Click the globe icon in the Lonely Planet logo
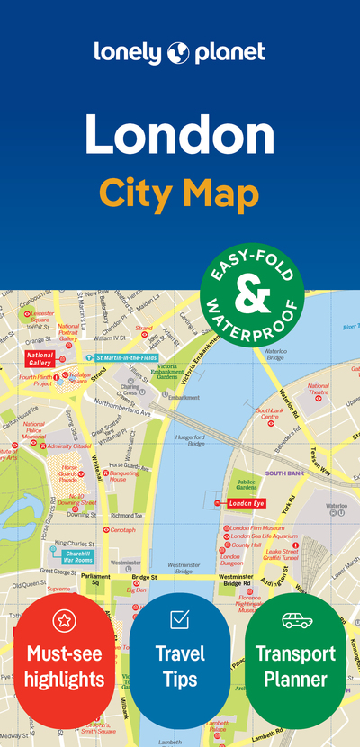pos(178,52)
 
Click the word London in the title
pos(180,134)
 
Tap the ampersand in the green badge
pos(252,291)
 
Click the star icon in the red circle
pos(64,619)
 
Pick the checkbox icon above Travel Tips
pos(179,619)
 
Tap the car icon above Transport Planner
pos(295,619)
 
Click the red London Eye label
pos(246,503)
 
